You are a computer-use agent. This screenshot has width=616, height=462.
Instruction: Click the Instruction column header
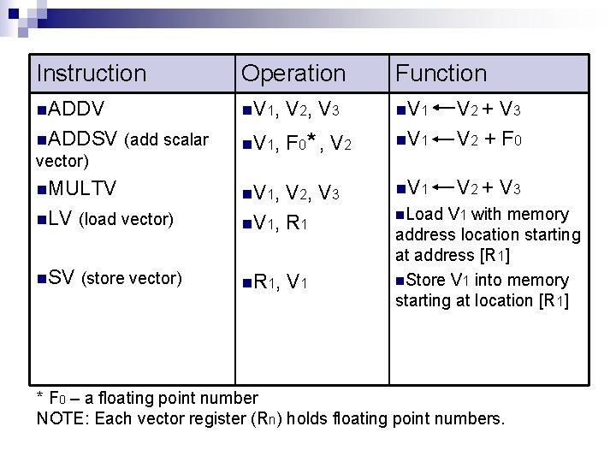click(x=92, y=74)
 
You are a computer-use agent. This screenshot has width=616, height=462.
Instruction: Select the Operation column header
click(x=293, y=74)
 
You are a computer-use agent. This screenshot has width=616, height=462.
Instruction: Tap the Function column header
click(x=441, y=74)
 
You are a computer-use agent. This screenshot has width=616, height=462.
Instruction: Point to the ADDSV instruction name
click(x=83, y=139)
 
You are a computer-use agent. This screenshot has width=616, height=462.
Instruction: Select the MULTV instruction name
click(x=82, y=187)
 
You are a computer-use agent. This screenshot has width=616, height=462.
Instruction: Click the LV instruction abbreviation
click(x=59, y=218)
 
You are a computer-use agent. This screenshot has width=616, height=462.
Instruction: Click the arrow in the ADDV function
click(x=443, y=110)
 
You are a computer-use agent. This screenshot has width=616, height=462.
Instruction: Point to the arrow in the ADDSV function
click(x=443, y=139)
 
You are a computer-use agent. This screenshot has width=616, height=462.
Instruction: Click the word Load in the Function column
click(x=424, y=214)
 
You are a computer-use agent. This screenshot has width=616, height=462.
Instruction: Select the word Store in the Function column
click(x=426, y=280)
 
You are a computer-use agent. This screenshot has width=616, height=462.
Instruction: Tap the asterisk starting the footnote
click(x=40, y=397)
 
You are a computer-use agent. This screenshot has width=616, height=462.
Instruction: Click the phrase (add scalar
click(x=166, y=140)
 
